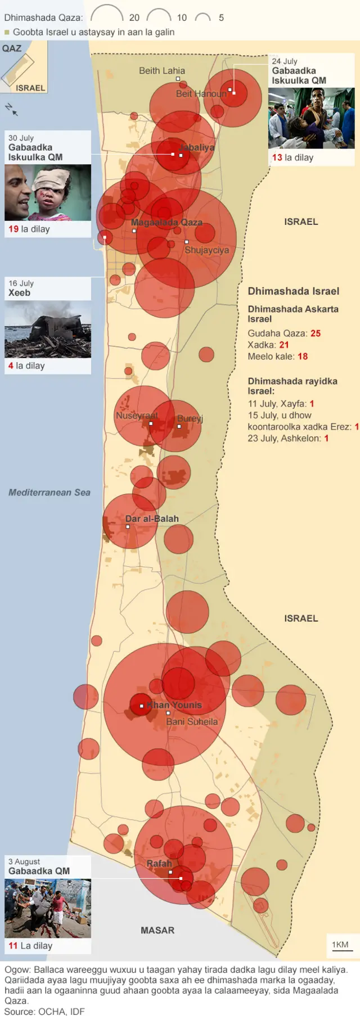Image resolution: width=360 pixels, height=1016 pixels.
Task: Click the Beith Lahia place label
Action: tap(161, 71)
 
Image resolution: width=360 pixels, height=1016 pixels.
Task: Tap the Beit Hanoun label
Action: tap(201, 94)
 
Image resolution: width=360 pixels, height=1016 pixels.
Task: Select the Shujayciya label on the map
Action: tap(206, 250)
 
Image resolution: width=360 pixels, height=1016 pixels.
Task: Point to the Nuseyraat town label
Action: tap(137, 416)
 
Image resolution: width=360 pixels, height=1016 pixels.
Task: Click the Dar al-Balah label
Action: tap(152, 518)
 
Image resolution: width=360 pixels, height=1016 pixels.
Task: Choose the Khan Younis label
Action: tap(174, 705)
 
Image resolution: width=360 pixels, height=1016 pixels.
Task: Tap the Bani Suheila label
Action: tap(192, 721)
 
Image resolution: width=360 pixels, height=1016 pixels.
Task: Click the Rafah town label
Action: tap(159, 863)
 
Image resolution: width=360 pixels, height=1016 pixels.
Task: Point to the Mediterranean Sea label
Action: tap(49, 493)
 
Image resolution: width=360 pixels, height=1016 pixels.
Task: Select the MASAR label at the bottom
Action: tap(157, 930)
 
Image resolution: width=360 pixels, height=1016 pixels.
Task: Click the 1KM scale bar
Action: tap(340, 945)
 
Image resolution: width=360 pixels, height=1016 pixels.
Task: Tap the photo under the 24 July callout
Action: tap(311, 118)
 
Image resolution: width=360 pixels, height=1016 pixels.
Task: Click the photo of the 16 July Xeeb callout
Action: tap(48, 329)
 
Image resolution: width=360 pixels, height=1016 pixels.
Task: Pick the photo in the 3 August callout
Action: tap(48, 908)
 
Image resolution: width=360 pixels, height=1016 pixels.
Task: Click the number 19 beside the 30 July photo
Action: tap(13, 229)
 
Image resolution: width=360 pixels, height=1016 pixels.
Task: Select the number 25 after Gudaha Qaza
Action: tap(316, 333)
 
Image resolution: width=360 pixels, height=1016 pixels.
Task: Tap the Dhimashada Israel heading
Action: tap(293, 291)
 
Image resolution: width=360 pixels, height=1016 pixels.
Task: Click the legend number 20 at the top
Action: tap(134, 17)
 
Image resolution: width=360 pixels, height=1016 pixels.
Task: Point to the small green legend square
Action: tap(7, 33)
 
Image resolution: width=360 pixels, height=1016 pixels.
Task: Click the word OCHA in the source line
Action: tap(52, 1011)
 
